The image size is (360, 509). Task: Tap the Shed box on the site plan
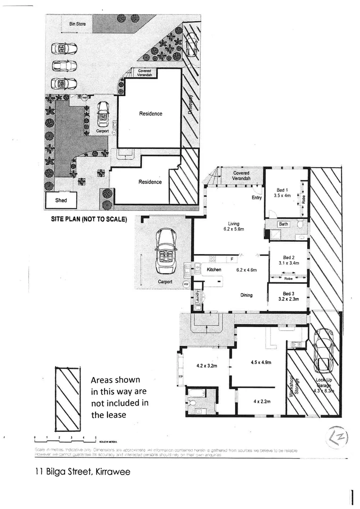(61, 200)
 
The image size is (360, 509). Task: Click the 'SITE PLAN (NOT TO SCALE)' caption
(89, 219)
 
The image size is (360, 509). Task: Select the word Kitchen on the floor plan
(214, 270)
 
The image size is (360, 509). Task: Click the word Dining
(246, 295)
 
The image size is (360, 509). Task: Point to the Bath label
(283, 224)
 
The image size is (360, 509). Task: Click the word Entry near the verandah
(256, 197)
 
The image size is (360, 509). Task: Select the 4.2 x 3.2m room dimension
(206, 365)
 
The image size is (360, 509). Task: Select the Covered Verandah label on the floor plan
(241, 176)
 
